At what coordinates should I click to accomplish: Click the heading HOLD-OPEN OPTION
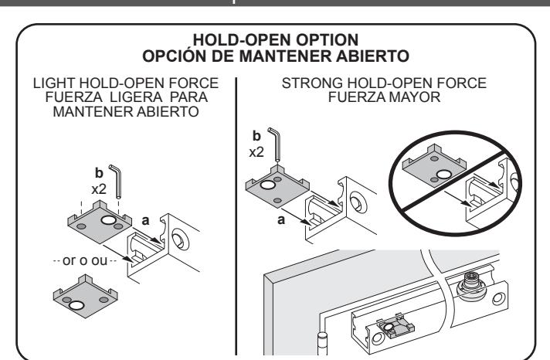(276, 39)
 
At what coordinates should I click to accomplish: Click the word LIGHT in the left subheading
(54, 83)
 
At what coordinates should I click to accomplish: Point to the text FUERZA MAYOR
(384, 97)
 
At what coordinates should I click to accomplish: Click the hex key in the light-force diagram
(117, 181)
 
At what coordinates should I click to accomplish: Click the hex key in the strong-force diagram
(275, 144)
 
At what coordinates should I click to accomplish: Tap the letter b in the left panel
(99, 172)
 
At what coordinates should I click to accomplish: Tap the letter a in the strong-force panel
(281, 220)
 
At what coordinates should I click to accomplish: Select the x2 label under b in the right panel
(256, 152)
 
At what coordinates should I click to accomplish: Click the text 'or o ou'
(84, 260)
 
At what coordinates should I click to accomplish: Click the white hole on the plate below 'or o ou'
(76, 305)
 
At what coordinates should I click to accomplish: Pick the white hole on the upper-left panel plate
(108, 220)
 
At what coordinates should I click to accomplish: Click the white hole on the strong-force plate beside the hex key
(267, 185)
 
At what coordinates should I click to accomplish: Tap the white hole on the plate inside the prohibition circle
(443, 174)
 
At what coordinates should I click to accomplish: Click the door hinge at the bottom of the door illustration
(322, 345)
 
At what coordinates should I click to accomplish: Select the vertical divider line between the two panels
(236, 216)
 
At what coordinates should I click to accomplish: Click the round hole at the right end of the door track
(498, 299)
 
